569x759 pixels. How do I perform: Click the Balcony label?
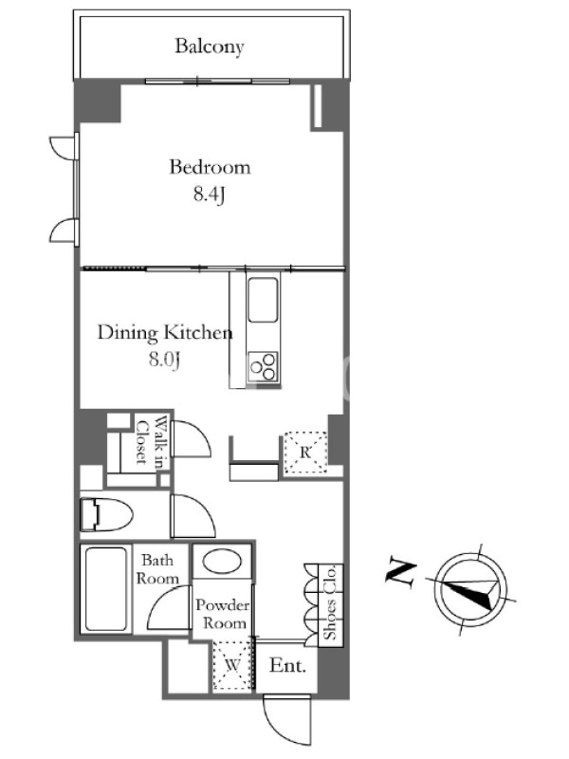209,46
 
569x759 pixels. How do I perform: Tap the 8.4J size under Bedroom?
210,194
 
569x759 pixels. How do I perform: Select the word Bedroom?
210,168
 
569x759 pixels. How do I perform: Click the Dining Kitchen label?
165,333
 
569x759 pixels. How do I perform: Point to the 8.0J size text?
164,360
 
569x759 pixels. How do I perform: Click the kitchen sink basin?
263,300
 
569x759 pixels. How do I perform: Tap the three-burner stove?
264,366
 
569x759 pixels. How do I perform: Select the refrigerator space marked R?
304,453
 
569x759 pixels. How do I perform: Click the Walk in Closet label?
150,442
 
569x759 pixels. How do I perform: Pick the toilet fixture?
106,514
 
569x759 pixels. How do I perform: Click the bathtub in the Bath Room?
105,588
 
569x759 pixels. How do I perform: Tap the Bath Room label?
157,569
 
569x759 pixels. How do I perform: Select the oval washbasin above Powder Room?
222,562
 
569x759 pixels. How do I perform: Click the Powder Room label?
223,613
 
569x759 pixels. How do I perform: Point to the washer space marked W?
232,665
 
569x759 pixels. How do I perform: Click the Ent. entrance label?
288,666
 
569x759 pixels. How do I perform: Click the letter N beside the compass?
400,574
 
